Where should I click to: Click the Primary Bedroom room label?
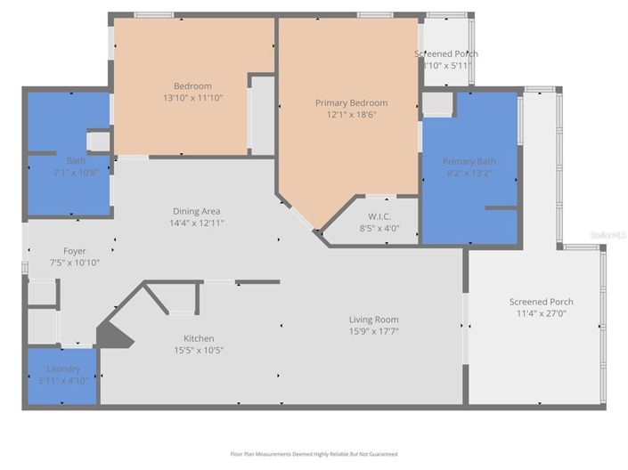351,103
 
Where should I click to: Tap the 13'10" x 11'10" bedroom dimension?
192,98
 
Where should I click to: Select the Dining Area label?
198,211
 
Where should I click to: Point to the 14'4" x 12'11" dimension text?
198,223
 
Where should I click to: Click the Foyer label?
75,251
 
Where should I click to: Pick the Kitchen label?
199,338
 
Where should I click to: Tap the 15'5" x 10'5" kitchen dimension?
199,351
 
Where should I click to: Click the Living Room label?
373,320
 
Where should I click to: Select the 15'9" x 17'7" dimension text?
373,332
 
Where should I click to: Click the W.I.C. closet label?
380,215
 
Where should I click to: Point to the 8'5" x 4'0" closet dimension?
380,228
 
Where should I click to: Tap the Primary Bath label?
469,161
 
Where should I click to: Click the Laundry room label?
63,369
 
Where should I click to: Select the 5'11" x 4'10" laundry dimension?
63,381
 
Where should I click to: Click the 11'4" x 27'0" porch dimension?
541,314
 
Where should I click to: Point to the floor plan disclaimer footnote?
313,454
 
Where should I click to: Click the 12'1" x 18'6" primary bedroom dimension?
351,116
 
